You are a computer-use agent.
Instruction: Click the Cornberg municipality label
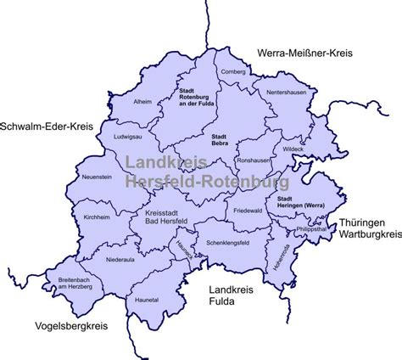232,72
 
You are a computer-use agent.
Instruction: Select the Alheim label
143,102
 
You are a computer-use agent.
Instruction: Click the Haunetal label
148,300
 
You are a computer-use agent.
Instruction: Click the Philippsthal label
310,229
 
